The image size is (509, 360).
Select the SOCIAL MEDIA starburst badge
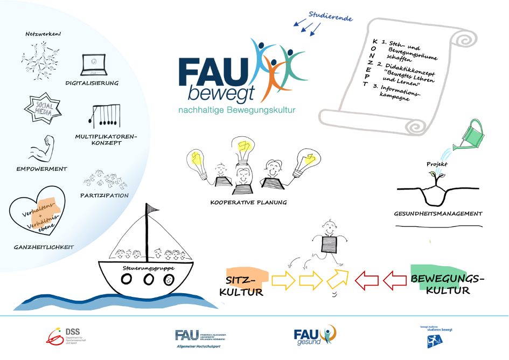[44, 107]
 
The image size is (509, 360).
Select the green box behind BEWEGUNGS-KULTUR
[437, 276]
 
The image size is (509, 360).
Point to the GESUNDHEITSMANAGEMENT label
[438, 213]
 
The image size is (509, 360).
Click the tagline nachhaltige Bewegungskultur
[237, 110]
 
